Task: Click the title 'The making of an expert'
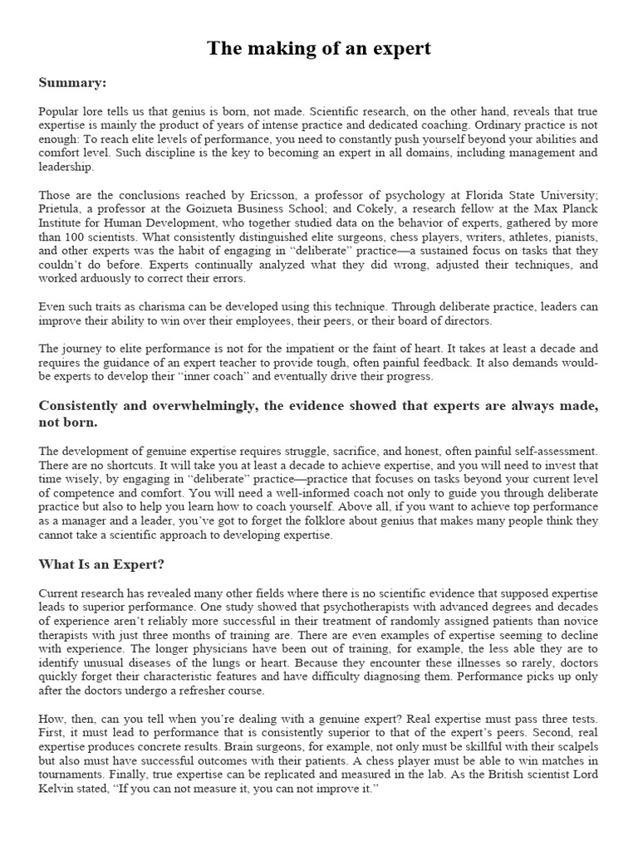[319, 48]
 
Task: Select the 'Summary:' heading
[72, 83]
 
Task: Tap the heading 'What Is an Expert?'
[101, 564]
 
